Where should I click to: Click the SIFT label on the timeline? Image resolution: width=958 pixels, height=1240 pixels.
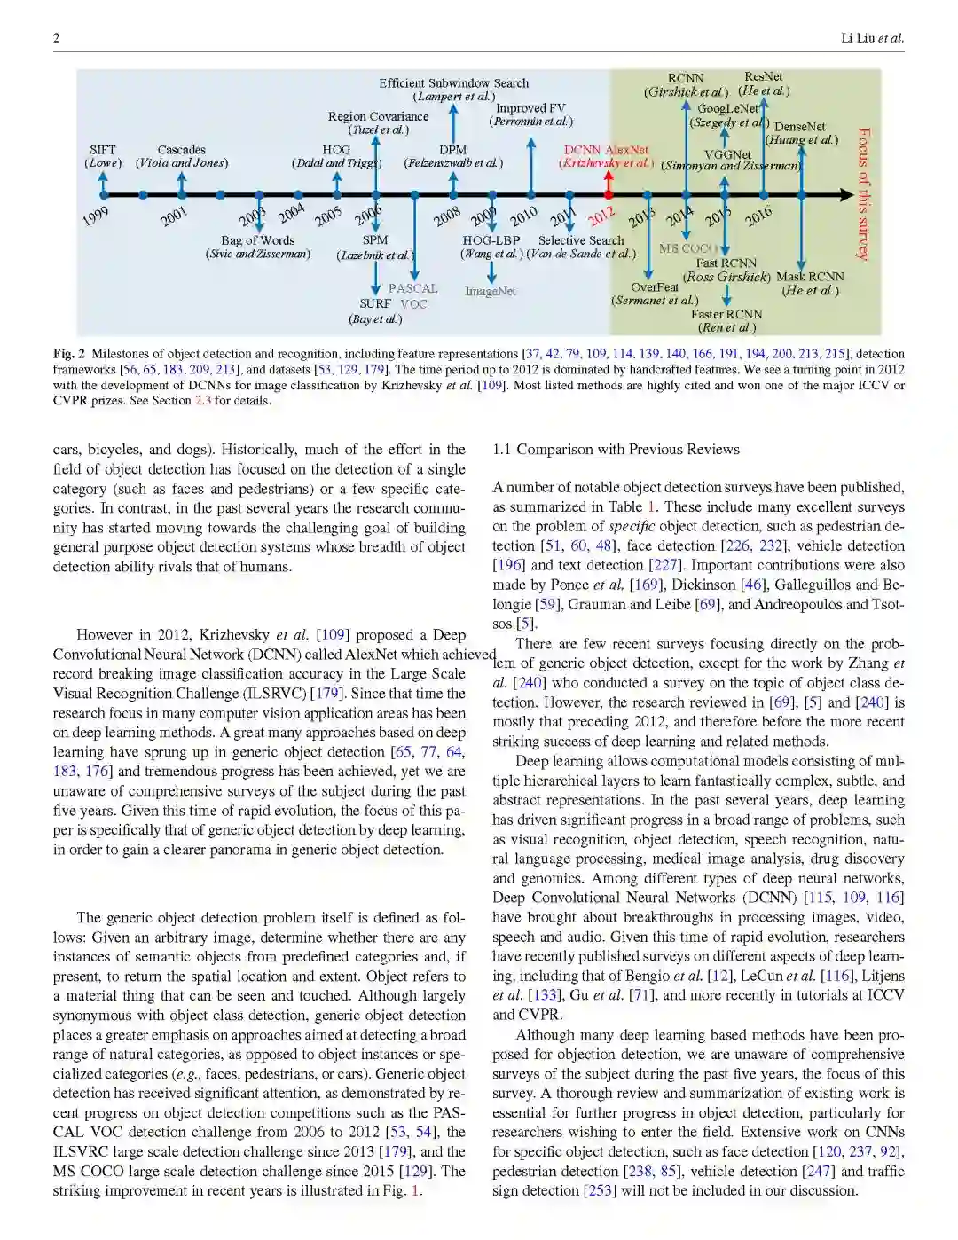coord(103,150)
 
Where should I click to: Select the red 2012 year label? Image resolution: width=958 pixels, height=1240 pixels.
coord(601,216)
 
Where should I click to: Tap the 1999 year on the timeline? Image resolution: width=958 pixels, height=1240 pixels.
coord(96,216)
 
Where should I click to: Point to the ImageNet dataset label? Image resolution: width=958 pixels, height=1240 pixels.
coord(491,291)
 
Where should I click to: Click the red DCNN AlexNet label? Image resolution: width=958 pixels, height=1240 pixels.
coord(607,150)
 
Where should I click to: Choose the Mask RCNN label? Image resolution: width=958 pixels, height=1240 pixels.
coord(810,277)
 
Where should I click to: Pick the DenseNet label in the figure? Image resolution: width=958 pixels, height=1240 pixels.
coord(799,127)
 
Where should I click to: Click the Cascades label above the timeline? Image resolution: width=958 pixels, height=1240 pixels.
coord(181,150)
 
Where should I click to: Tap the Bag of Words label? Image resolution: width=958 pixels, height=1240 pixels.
coord(257,240)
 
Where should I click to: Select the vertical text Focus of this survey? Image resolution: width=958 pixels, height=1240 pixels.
coord(864,193)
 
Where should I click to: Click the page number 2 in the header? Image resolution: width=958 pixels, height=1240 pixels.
coord(57,37)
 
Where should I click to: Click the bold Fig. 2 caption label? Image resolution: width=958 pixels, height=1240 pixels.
coord(68,354)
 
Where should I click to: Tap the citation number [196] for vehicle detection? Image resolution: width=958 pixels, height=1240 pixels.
coord(509,565)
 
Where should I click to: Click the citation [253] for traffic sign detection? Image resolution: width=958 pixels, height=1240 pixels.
coord(600,1190)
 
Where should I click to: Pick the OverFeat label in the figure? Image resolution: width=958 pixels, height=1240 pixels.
coord(654,287)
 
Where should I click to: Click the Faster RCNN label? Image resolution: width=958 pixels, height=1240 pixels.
coord(726,314)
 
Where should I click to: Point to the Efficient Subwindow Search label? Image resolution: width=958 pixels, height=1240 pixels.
coord(453,83)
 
